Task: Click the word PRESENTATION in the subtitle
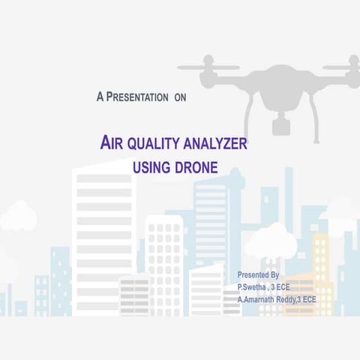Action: (136, 97)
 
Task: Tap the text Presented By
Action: (258, 275)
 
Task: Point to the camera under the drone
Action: (281, 123)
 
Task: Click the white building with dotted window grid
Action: (164, 255)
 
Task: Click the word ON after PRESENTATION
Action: (179, 97)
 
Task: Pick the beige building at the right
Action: (320, 262)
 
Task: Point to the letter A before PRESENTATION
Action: (100, 97)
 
